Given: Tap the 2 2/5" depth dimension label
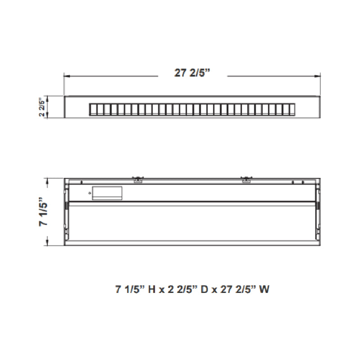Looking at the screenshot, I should (42, 108).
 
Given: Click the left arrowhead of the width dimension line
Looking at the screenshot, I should (66, 76).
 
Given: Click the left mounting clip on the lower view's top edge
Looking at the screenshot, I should (138, 180).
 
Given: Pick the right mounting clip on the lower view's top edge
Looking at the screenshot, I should (245, 180).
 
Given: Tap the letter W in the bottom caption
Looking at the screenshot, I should (264, 289).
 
